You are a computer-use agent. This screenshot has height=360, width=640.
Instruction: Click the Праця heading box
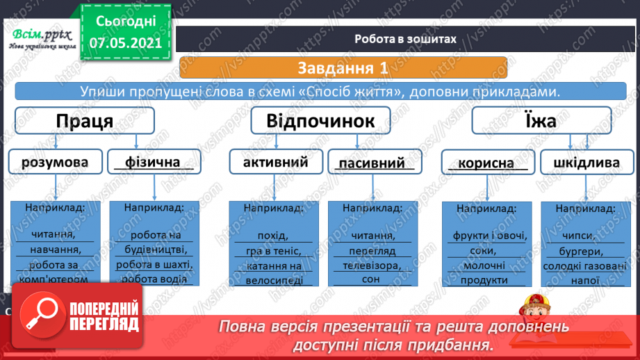[85, 122]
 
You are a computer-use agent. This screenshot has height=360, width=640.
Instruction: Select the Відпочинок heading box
[320, 122]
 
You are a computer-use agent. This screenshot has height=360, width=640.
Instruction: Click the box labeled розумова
[55, 163]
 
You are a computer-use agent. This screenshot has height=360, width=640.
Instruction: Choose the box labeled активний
[275, 163]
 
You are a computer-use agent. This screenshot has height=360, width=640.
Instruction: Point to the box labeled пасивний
[372, 163]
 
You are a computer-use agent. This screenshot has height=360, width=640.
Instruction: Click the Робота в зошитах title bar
[404, 39]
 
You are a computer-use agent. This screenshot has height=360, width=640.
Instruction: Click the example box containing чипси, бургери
[586, 243]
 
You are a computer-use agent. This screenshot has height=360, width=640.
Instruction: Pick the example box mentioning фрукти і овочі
[488, 243]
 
